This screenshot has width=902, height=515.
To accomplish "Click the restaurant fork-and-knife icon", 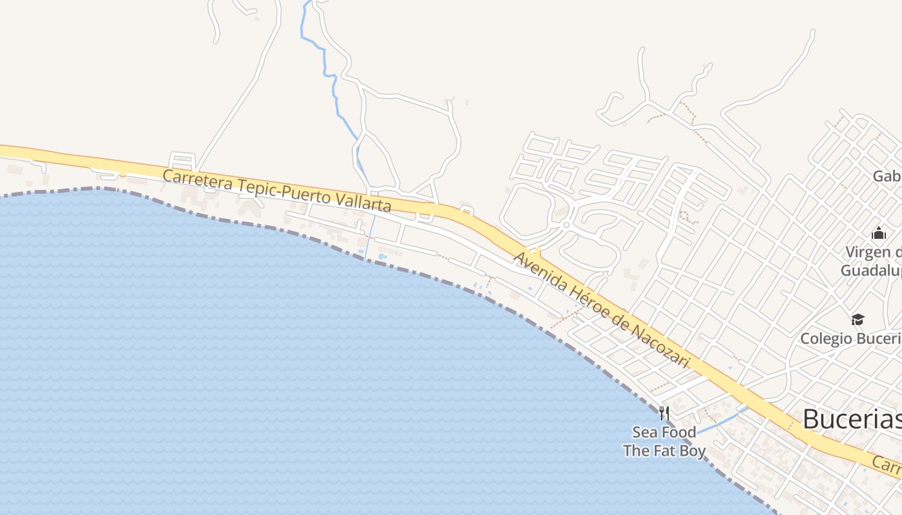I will point(664,413).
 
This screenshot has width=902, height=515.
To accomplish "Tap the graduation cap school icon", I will point(858,319).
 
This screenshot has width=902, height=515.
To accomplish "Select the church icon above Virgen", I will point(879,233).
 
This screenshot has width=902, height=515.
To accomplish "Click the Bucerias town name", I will point(851,420).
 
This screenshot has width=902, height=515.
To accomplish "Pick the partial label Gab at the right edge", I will point(887,176).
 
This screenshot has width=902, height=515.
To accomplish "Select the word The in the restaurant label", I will point(636,451).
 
